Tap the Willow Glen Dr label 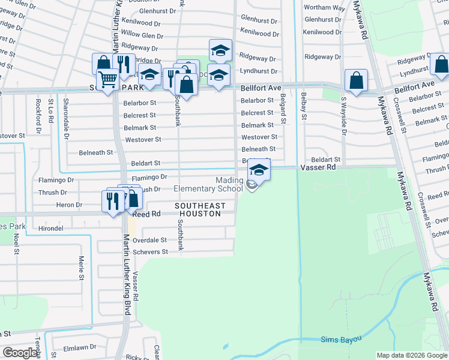point(142,35)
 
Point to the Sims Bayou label point(342,340)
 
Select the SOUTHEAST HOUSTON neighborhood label point(200,209)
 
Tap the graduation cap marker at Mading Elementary point(259,170)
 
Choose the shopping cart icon point(107,79)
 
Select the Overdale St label point(149,239)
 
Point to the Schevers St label point(149,252)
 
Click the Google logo point(20,353)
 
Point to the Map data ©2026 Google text point(411,355)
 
